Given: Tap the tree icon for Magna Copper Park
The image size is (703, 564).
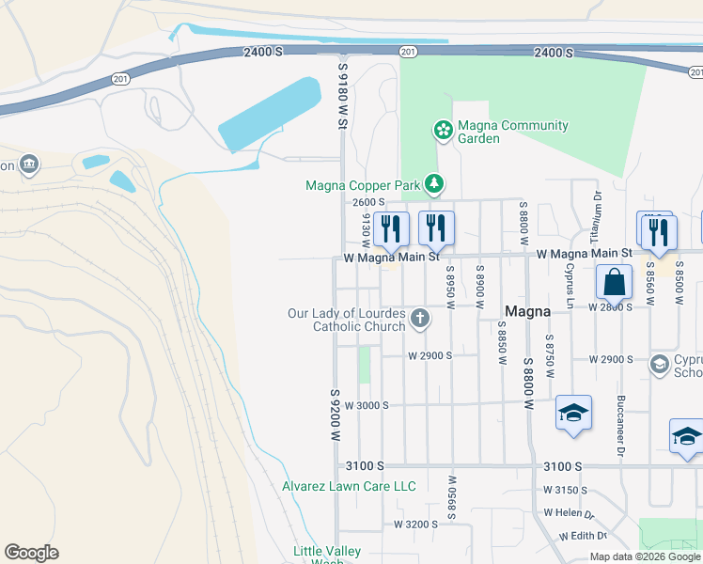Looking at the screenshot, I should [x=433, y=183].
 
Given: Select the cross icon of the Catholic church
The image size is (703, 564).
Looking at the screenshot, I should [x=420, y=319].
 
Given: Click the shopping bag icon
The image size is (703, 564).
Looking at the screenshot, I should [x=614, y=282].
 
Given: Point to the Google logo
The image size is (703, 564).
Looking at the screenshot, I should [x=31, y=553].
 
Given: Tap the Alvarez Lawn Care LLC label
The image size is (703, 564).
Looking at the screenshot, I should [x=349, y=486].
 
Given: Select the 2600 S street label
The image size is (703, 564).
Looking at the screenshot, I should [x=369, y=202].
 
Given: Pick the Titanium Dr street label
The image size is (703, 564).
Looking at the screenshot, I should [x=596, y=215].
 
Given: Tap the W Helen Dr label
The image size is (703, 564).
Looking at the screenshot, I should [x=569, y=513].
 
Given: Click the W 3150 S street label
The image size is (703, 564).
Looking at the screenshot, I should [x=565, y=490].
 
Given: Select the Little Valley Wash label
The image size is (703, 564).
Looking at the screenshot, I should [x=320, y=556].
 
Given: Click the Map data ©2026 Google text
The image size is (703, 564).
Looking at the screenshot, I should [x=645, y=556].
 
